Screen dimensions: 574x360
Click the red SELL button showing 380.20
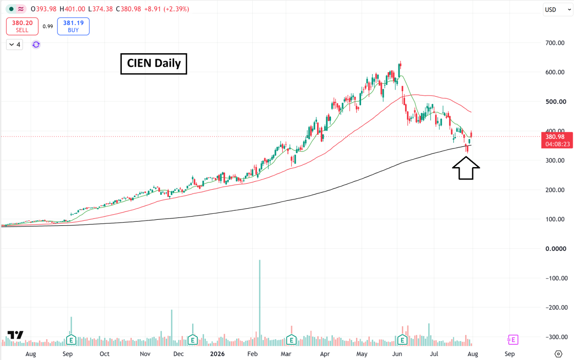(x=22, y=26)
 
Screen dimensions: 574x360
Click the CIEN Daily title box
(x=154, y=64)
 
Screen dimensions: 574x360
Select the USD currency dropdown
(x=558, y=10)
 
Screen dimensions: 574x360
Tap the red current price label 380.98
(x=557, y=140)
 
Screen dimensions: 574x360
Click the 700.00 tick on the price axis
(x=555, y=43)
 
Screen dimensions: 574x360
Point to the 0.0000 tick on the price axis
(x=555, y=248)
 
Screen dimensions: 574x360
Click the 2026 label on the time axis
(x=217, y=354)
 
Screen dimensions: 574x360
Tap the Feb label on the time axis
(x=252, y=354)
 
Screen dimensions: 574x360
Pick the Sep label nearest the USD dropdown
(x=509, y=354)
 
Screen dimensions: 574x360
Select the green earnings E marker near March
(x=291, y=340)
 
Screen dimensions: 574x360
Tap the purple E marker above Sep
(x=513, y=340)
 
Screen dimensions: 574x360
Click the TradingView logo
(x=15, y=335)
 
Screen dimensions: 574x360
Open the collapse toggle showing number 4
(x=15, y=44)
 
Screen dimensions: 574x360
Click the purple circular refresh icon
(x=36, y=44)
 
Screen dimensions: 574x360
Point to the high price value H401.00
(x=72, y=9)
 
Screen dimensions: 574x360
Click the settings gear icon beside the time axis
(x=558, y=354)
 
